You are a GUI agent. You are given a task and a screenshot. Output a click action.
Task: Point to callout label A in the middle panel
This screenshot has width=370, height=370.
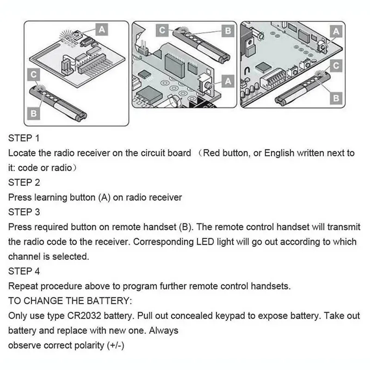[x=227, y=80]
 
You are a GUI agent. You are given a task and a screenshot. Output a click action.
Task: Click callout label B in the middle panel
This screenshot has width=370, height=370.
[x=227, y=31]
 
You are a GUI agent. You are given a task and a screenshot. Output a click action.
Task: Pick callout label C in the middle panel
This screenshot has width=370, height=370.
[x=162, y=30]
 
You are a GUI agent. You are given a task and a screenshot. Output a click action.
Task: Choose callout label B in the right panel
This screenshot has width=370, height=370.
[x=336, y=98]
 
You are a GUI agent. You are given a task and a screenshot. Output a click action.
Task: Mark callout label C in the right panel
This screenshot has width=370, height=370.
[x=336, y=66]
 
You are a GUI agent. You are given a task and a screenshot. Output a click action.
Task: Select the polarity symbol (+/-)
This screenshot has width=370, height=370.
[x=113, y=345]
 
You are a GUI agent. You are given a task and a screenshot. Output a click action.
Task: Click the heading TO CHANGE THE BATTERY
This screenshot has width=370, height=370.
[x=70, y=301]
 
